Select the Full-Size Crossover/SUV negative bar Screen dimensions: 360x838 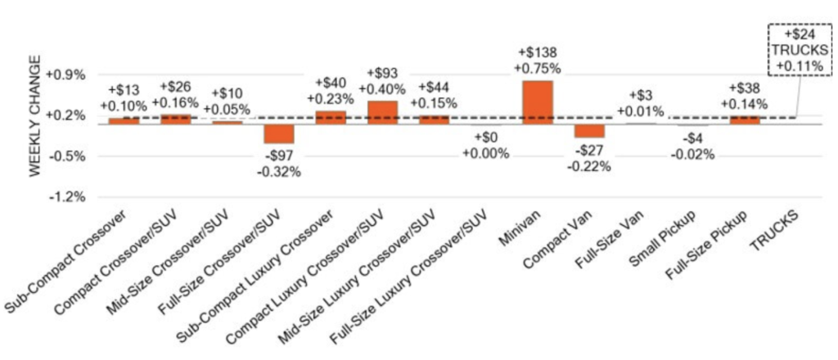[278, 134]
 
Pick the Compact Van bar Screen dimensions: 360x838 [589, 131]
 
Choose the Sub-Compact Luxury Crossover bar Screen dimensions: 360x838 [330, 118]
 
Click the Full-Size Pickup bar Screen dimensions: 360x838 [745, 120]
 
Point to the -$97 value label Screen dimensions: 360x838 [278, 156]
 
